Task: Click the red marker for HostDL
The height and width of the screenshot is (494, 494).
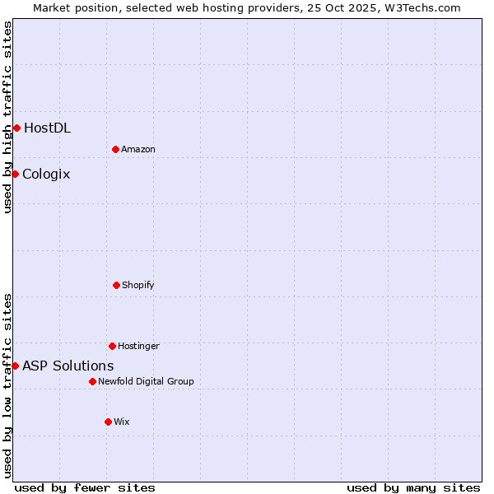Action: [16, 128]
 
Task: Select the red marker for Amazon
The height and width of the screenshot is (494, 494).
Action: [115, 149]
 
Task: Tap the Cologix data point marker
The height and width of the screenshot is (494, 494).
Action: [15, 174]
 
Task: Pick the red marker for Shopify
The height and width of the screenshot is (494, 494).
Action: [116, 285]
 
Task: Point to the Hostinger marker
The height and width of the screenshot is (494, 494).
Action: [112, 346]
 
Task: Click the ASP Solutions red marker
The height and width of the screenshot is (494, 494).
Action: [15, 366]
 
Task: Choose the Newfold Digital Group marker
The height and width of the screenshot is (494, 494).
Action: [92, 381]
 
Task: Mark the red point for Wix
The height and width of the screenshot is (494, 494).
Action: [108, 422]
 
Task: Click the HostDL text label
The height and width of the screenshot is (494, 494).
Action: [47, 128]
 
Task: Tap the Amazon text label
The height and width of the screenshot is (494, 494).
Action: [138, 149]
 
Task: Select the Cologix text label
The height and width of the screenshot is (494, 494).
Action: [46, 174]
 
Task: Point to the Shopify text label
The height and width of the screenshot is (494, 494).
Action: [138, 285]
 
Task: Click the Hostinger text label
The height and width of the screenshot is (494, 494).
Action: [138, 346]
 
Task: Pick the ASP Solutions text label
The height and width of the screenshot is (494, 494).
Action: [68, 366]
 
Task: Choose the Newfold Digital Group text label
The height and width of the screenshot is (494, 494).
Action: [146, 381]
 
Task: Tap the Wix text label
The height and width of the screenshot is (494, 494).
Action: [122, 422]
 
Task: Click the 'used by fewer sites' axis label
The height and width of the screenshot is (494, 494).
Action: [85, 487]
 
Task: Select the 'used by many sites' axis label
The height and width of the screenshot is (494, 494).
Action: [413, 487]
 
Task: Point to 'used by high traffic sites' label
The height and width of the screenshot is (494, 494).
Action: [8, 117]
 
